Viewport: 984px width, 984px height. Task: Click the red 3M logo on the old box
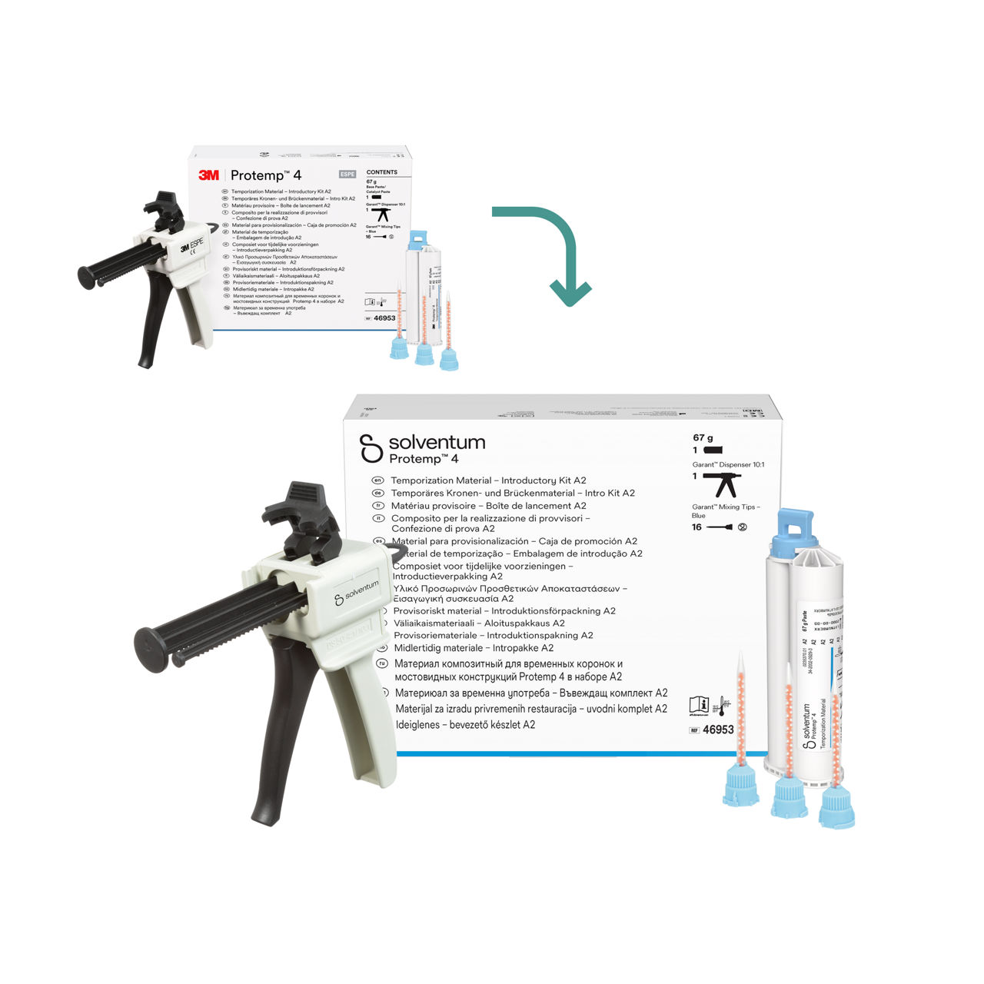208,175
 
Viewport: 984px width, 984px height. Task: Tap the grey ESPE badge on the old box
347,175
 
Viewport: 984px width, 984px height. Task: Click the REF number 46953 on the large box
718,730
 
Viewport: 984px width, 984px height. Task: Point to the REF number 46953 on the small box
384,317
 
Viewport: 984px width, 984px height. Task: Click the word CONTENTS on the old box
382,172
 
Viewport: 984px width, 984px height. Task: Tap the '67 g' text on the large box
703,438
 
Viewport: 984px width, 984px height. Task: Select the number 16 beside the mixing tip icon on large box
696,527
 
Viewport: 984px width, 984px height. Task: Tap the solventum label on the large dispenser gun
357,592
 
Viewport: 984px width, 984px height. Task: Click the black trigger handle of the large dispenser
288,738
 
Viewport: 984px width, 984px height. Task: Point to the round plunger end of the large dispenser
151,643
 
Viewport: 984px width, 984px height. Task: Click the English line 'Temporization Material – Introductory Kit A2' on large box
488,480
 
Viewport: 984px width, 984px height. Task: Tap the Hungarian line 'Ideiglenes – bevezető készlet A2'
465,725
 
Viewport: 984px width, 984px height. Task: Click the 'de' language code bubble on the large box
377,493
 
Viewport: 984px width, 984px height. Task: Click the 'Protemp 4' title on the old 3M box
266,175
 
